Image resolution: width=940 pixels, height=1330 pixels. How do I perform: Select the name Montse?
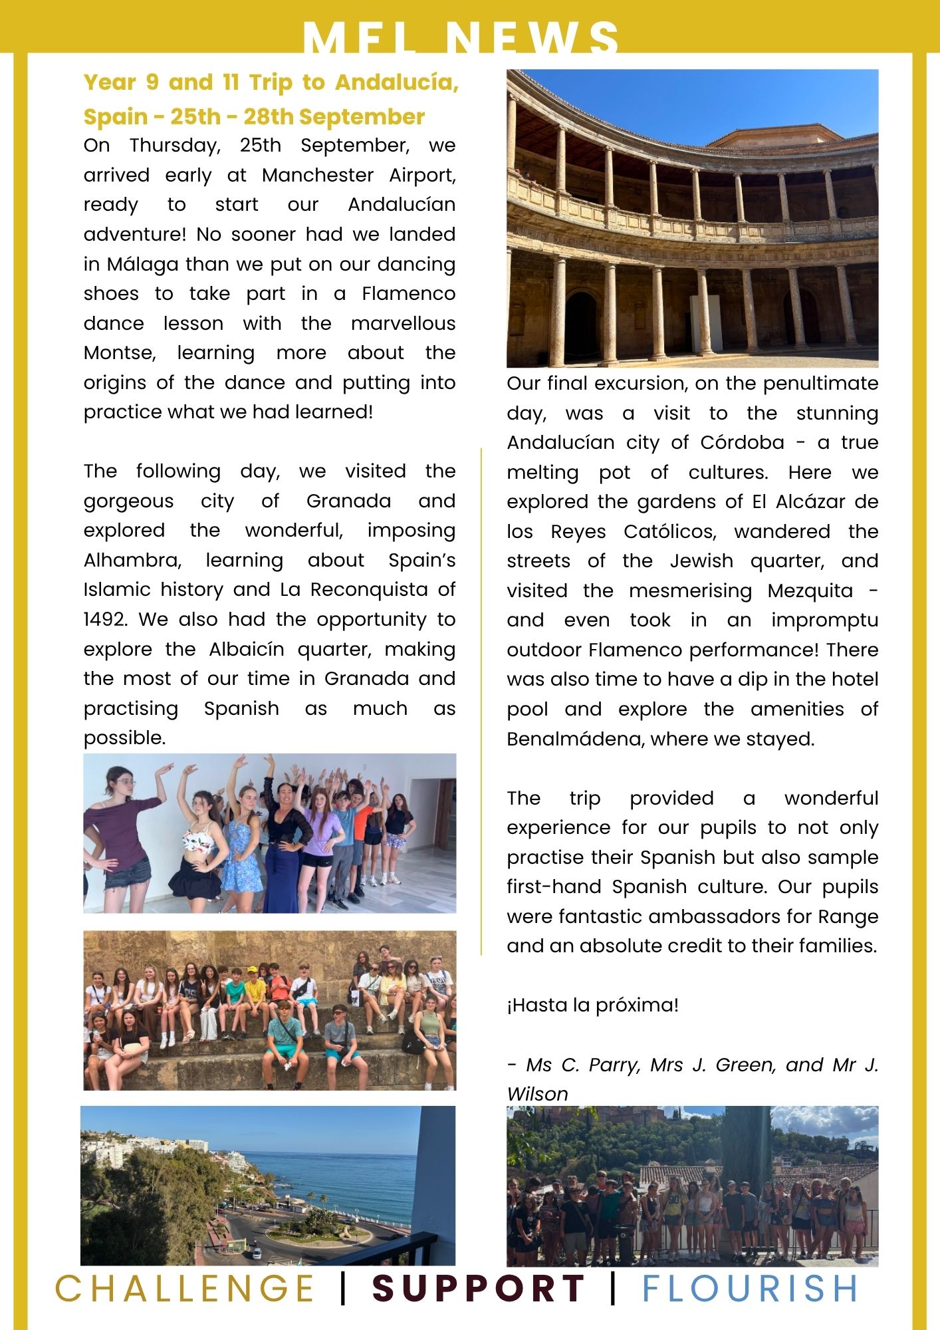pos(120,353)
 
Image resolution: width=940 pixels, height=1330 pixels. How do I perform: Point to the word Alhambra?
pos(132,561)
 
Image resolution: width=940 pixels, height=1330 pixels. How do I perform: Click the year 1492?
pos(105,620)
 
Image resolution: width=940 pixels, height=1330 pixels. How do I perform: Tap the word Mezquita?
pos(810,591)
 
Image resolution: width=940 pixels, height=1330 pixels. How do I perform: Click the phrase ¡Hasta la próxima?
pos(593,1005)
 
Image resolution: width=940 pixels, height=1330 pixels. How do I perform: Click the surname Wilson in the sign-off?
pos(537,1094)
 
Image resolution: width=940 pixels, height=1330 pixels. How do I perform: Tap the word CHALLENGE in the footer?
pos(184,1288)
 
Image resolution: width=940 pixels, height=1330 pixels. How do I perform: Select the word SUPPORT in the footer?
pos(478,1288)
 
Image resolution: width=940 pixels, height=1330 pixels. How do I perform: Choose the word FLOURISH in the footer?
pos(750,1288)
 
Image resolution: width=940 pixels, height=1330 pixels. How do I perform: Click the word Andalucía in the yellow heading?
pos(397,82)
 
